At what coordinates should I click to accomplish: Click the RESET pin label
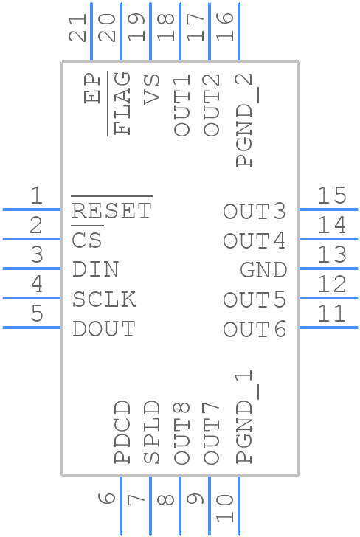(x=111, y=212)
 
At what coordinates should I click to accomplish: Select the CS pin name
(x=87, y=241)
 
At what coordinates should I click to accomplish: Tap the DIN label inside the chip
(x=96, y=270)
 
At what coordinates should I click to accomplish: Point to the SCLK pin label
(x=104, y=299)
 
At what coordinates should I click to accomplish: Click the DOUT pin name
(x=104, y=329)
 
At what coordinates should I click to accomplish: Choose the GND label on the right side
(x=263, y=270)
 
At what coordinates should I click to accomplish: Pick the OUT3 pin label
(x=255, y=212)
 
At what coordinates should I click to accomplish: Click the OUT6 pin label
(x=255, y=329)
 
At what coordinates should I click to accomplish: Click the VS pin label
(x=152, y=89)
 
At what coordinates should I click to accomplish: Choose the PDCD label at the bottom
(x=123, y=432)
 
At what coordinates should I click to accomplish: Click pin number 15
(x=331, y=195)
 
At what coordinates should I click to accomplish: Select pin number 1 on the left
(x=35, y=195)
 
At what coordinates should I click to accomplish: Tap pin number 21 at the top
(x=77, y=27)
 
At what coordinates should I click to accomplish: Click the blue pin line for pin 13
(x=328, y=268)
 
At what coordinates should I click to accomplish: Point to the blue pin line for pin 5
(x=32, y=328)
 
